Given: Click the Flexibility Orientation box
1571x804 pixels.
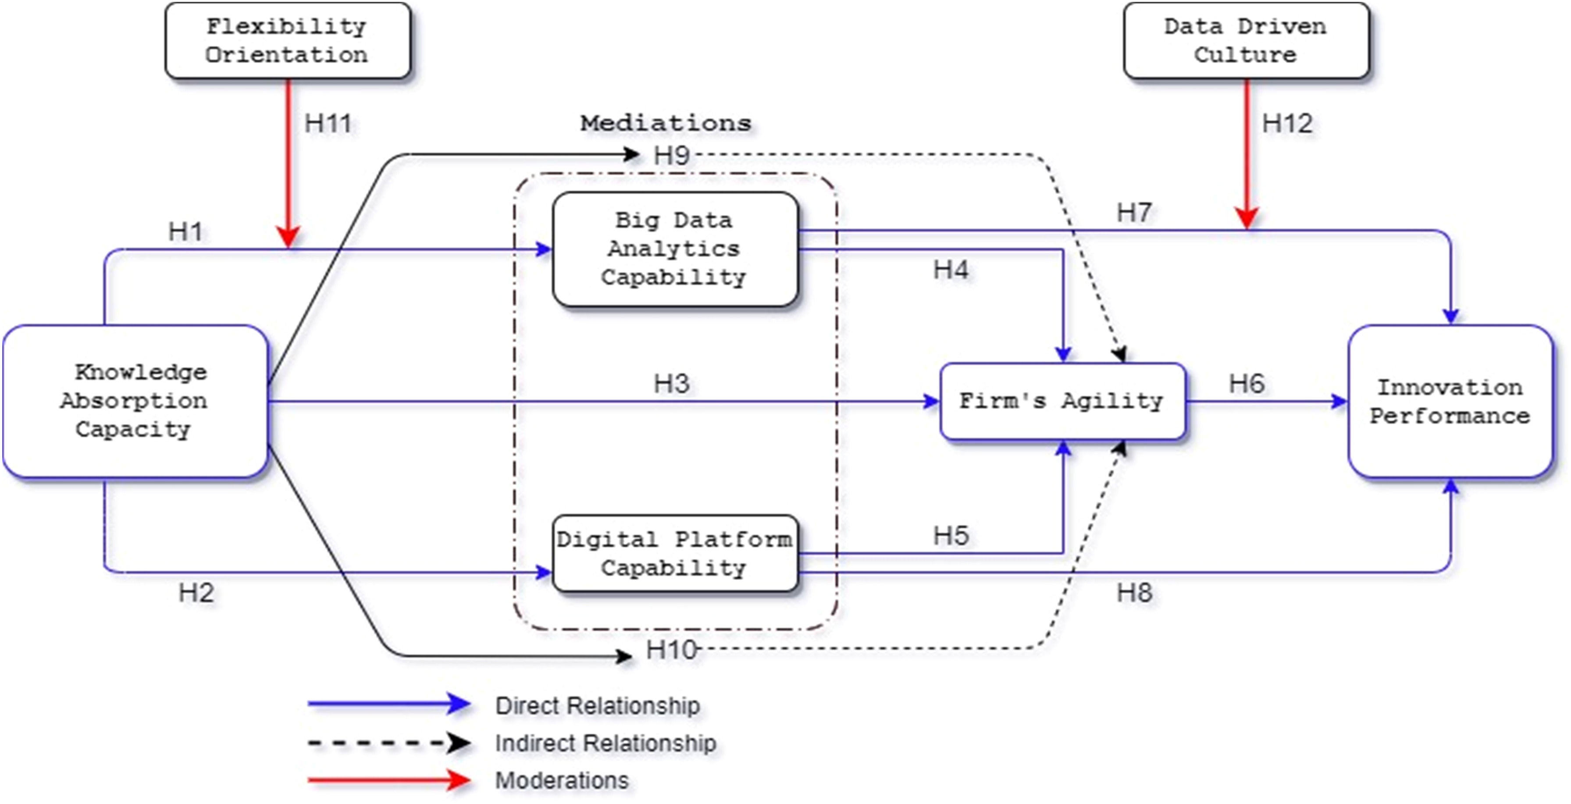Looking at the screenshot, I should [287, 41].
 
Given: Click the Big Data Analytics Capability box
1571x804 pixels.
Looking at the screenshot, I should [674, 249].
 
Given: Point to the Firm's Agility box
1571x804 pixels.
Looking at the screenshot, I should [1062, 401].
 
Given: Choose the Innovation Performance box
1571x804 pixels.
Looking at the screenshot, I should [1450, 401].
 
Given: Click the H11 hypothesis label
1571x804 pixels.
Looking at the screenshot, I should [328, 124].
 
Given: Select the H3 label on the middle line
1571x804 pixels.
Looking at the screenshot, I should [671, 384].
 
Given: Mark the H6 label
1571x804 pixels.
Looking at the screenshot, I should [1247, 384].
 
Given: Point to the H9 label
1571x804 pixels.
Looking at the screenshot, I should [671, 156].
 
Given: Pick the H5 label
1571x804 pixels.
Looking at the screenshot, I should [951, 536].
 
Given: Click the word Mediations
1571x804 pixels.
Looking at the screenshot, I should [665, 123].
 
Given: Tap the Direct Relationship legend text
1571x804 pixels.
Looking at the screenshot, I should [597, 706].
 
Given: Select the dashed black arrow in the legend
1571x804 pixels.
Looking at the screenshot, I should [388, 743].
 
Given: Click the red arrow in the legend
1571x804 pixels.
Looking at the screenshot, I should [388, 779].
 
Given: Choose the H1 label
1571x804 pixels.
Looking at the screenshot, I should [185, 231].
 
